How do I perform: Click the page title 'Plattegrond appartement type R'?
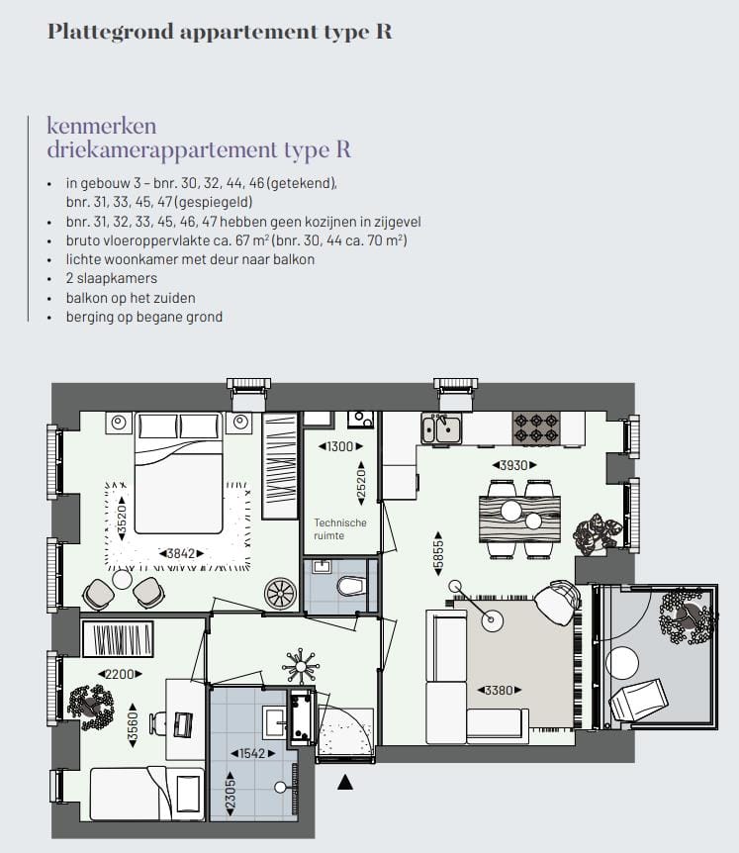pyautogui.click(x=220, y=32)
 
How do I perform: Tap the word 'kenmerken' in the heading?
pyautogui.click(x=102, y=126)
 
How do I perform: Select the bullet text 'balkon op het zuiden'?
pyautogui.click(x=131, y=298)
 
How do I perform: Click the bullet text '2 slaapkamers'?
pyautogui.click(x=112, y=278)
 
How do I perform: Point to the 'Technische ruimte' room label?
pyautogui.click(x=340, y=529)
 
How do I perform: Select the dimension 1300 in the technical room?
pyautogui.click(x=340, y=446)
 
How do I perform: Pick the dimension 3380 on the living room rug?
pyautogui.click(x=499, y=690)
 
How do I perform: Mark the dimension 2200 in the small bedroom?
pyautogui.click(x=118, y=674)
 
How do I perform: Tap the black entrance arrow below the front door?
pyautogui.click(x=344, y=784)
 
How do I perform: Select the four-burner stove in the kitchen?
pyautogui.click(x=536, y=427)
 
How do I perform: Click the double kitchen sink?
pyautogui.click(x=440, y=427)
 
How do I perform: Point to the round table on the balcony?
pyautogui.click(x=624, y=660)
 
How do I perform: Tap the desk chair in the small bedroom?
pyautogui.click(x=158, y=723)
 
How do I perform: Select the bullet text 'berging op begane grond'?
pyautogui.click(x=144, y=317)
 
